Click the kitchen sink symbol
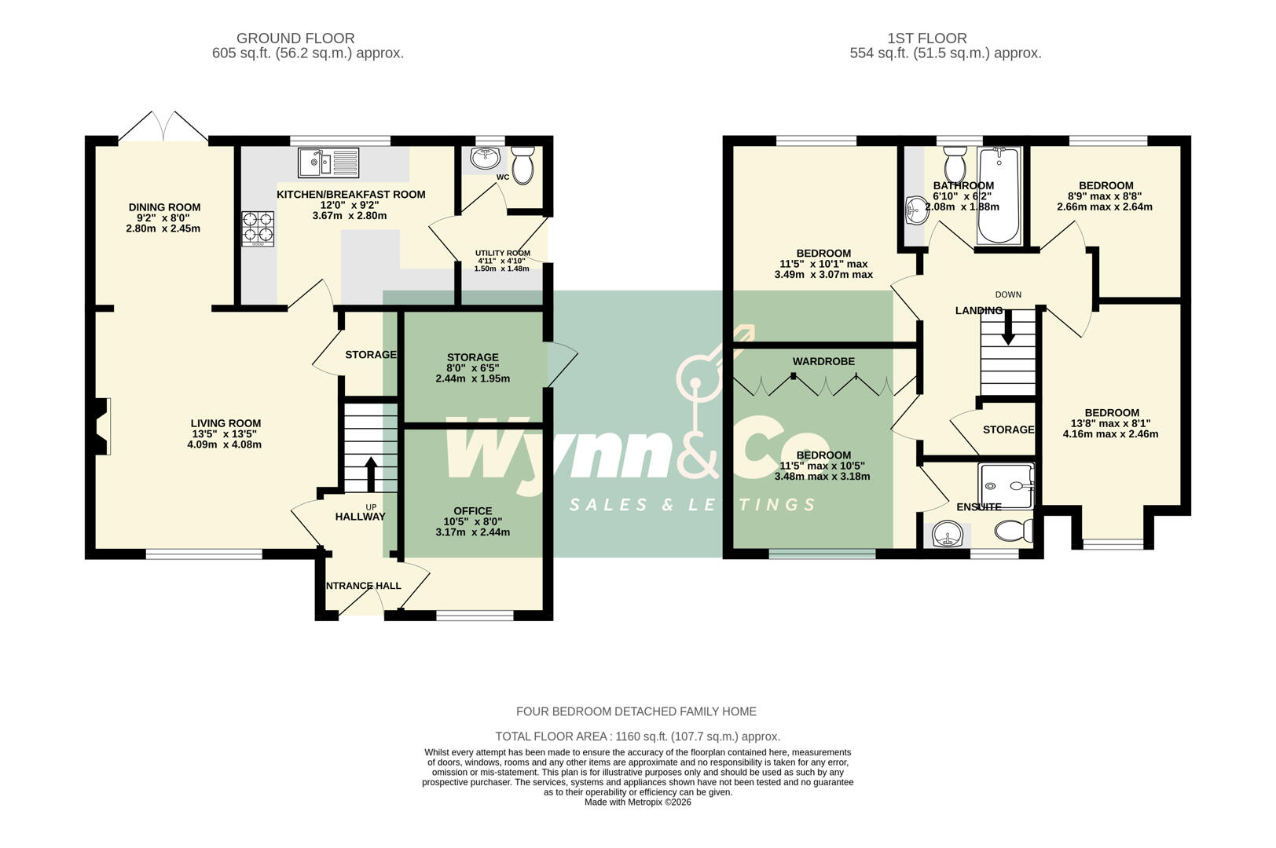(328, 163)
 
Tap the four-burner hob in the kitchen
(258, 228)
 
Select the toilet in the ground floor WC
(522, 165)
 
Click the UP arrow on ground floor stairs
(370, 474)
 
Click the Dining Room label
(164, 207)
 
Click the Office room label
(472, 510)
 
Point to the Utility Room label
(502, 253)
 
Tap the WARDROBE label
(823, 361)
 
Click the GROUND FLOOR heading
(295, 38)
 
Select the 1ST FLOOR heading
(927, 38)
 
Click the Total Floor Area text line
(637, 737)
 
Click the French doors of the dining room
(164, 127)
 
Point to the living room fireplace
(100, 426)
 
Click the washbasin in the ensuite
(948, 536)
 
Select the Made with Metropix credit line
(637, 802)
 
